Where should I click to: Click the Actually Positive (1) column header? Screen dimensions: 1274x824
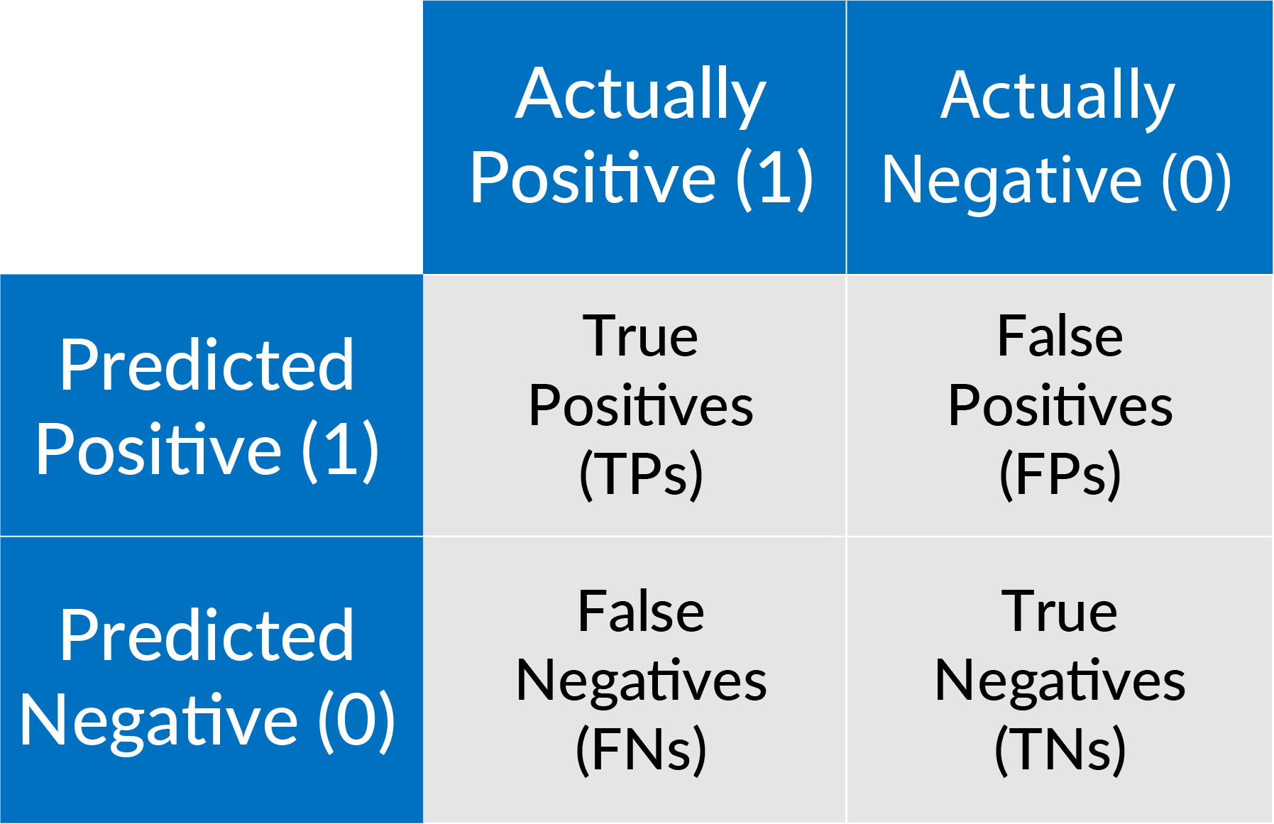[x=635, y=137]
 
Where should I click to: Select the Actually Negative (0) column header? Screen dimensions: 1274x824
[x=1060, y=137]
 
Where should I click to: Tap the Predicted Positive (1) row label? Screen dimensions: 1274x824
[x=212, y=405]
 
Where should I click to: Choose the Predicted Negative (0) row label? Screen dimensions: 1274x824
[x=212, y=680]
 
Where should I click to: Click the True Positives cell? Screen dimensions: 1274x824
[x=635, y=405]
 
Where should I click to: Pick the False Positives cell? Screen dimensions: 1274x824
[x=1060, y=405]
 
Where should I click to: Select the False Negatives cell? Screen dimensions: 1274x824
[x=635, y=680]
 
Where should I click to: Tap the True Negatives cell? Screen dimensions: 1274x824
[x=1060, y=680]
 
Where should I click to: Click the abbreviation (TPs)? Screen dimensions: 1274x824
[x=641, y=475]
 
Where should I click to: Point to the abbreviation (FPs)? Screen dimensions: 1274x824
[x=1060, y=475]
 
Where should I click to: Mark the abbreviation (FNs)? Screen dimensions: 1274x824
[x=641, y=749]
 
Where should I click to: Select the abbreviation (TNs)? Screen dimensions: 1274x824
[x=1060, y=749]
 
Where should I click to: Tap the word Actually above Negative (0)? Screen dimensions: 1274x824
[x=1058, y=98]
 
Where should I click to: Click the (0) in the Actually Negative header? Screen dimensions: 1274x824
[x=1196, y=181]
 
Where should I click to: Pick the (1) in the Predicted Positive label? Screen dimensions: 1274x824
[x=340, y=451]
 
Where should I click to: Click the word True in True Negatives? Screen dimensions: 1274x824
[x=1059, y=612]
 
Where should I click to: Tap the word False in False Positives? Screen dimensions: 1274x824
[x=1060, y=336]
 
